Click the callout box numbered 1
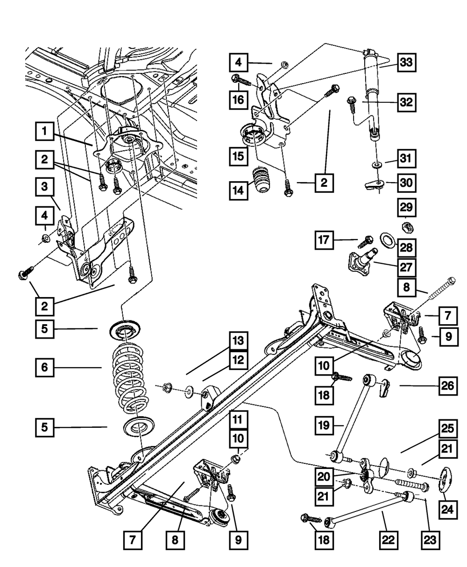click(x=44, y=131)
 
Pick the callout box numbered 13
click(x=238, y=341)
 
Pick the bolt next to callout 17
click(x=365, y=241)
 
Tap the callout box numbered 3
click(x=44, y=188)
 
